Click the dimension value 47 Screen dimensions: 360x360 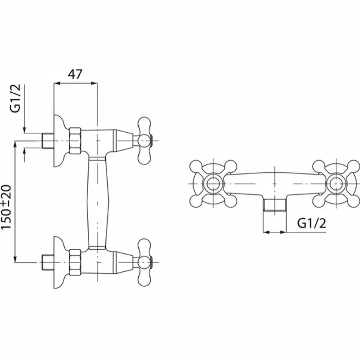pos(75,74)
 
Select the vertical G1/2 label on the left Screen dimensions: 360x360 pos(15,99)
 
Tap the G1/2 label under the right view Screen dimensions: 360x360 pos(311,223)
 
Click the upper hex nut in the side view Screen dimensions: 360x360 pos(75,140)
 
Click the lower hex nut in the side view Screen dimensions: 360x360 pos(75,262)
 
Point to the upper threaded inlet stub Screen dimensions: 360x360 pos(48,140)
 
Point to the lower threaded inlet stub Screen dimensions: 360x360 pos(48,262)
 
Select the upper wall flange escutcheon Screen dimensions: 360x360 pos(60,140)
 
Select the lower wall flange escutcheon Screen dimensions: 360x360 pos(60,262)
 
